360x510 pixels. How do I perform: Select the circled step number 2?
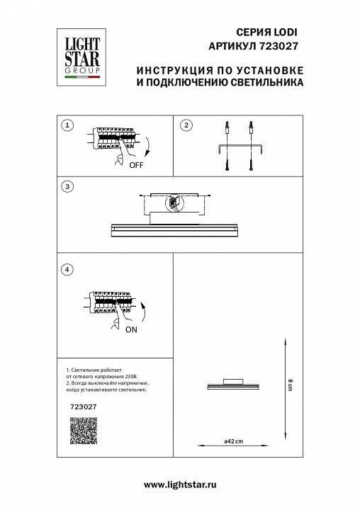(186, 125)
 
